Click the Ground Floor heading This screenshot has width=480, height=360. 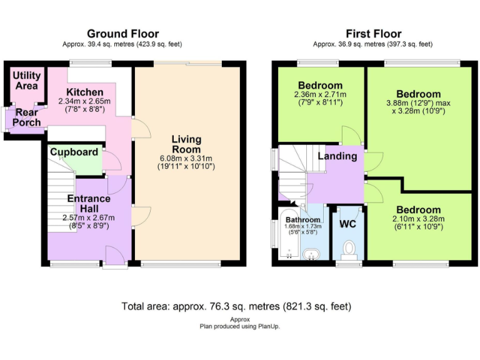coord(122,34)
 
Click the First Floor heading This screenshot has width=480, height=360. coord(373,34)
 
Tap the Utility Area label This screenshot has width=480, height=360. coord(26,80)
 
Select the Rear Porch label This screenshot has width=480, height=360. coord(27,117)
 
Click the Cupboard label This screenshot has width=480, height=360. coord(74,152)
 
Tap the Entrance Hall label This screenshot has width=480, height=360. coord(89,204)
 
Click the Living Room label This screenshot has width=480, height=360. coord(187,144)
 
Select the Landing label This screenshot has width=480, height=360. coord(337,156)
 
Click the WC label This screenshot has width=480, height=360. coord(347,224)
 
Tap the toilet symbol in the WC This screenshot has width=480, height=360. coord(351,250)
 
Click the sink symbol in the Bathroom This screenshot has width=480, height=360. coord(311,255)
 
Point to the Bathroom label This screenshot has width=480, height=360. coord(302,220)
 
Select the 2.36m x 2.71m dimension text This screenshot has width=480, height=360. coord(320,94)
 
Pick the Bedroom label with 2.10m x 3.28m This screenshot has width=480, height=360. coord(418,210)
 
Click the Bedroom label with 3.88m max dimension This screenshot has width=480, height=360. coord(418,94)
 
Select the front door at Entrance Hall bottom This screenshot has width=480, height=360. coord(114,257)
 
